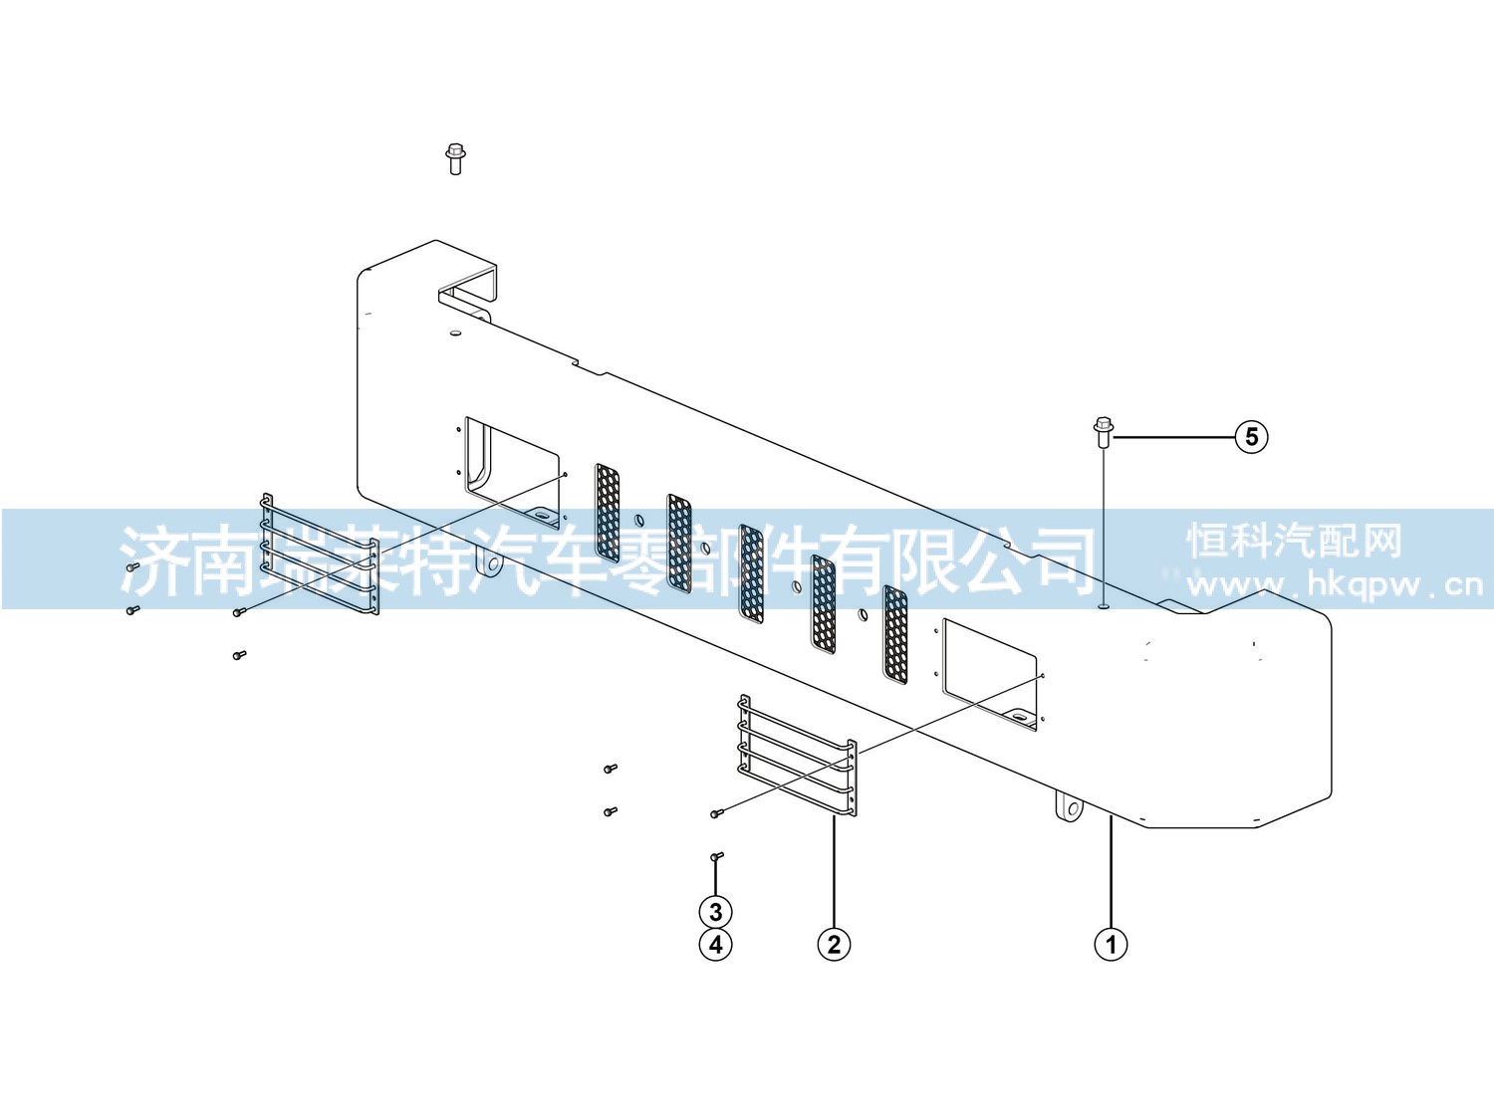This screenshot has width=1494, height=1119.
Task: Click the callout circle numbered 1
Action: coord(1111,944)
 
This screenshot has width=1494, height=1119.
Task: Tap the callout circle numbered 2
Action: coord(834,944)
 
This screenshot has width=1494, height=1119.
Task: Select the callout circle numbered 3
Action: coord(715,912)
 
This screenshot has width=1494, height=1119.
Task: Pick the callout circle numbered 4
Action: coord(715,944)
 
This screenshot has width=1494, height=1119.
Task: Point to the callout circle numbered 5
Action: coord(1252,436)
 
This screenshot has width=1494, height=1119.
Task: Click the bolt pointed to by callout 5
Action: coord(1104,433)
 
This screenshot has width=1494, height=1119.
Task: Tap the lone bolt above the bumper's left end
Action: coord(455,159)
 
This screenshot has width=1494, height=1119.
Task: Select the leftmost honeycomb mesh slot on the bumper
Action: coord(608,513)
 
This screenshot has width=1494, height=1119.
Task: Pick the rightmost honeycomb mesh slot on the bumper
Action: coord(895,634)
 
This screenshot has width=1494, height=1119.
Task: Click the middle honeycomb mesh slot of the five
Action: coord(751,574)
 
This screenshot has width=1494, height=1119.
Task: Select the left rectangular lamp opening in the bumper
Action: coord(512,472)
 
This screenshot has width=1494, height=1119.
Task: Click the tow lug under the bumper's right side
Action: coord(1069,809)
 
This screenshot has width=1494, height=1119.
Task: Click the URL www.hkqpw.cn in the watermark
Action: coord(1334,584)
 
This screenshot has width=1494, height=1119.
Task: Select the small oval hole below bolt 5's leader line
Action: coord(1104,603)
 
